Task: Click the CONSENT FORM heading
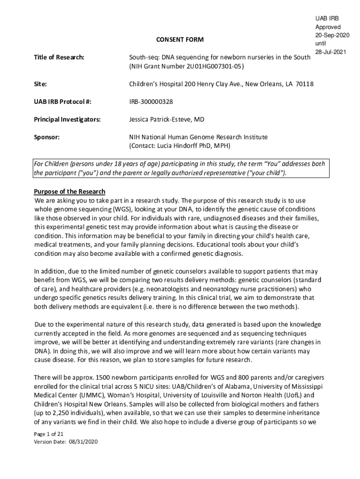[180, 40]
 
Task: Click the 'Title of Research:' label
[59, 57]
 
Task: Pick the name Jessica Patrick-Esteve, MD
[166, 119]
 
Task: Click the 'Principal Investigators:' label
[67, 119]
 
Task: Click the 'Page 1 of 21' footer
[49, 434]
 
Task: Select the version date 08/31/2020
[83, 442]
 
